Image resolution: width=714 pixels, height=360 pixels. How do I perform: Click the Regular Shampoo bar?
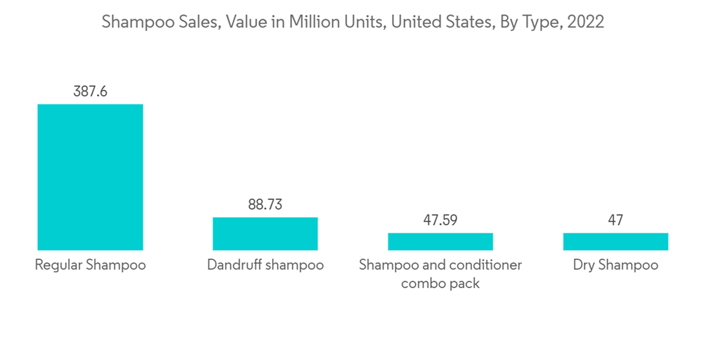tap(90, 177)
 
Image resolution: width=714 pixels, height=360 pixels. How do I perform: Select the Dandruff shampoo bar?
tap(265, 234)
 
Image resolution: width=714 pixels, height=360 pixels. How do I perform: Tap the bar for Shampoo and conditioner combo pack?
tap(440, 241)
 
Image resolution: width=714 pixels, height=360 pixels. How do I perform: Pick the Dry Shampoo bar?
tap(615, 241)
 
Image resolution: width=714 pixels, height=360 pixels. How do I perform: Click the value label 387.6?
tap(90, 91)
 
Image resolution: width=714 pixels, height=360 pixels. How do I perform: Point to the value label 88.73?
tap(265, 205)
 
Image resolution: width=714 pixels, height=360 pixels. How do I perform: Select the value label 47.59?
tap(440, 220)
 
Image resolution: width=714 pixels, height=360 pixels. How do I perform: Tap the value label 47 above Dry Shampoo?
tap(615, 220)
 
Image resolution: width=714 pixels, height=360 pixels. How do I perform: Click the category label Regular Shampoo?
tap(90, 265)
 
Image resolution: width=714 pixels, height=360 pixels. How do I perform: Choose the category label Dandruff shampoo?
tap(265, 265)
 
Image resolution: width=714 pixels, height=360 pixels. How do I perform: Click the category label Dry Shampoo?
tap(615, 265)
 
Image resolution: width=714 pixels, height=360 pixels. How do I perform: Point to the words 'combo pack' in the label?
tap(440, 284)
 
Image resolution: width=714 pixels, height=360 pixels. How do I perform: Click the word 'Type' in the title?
tap(541, 23)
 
